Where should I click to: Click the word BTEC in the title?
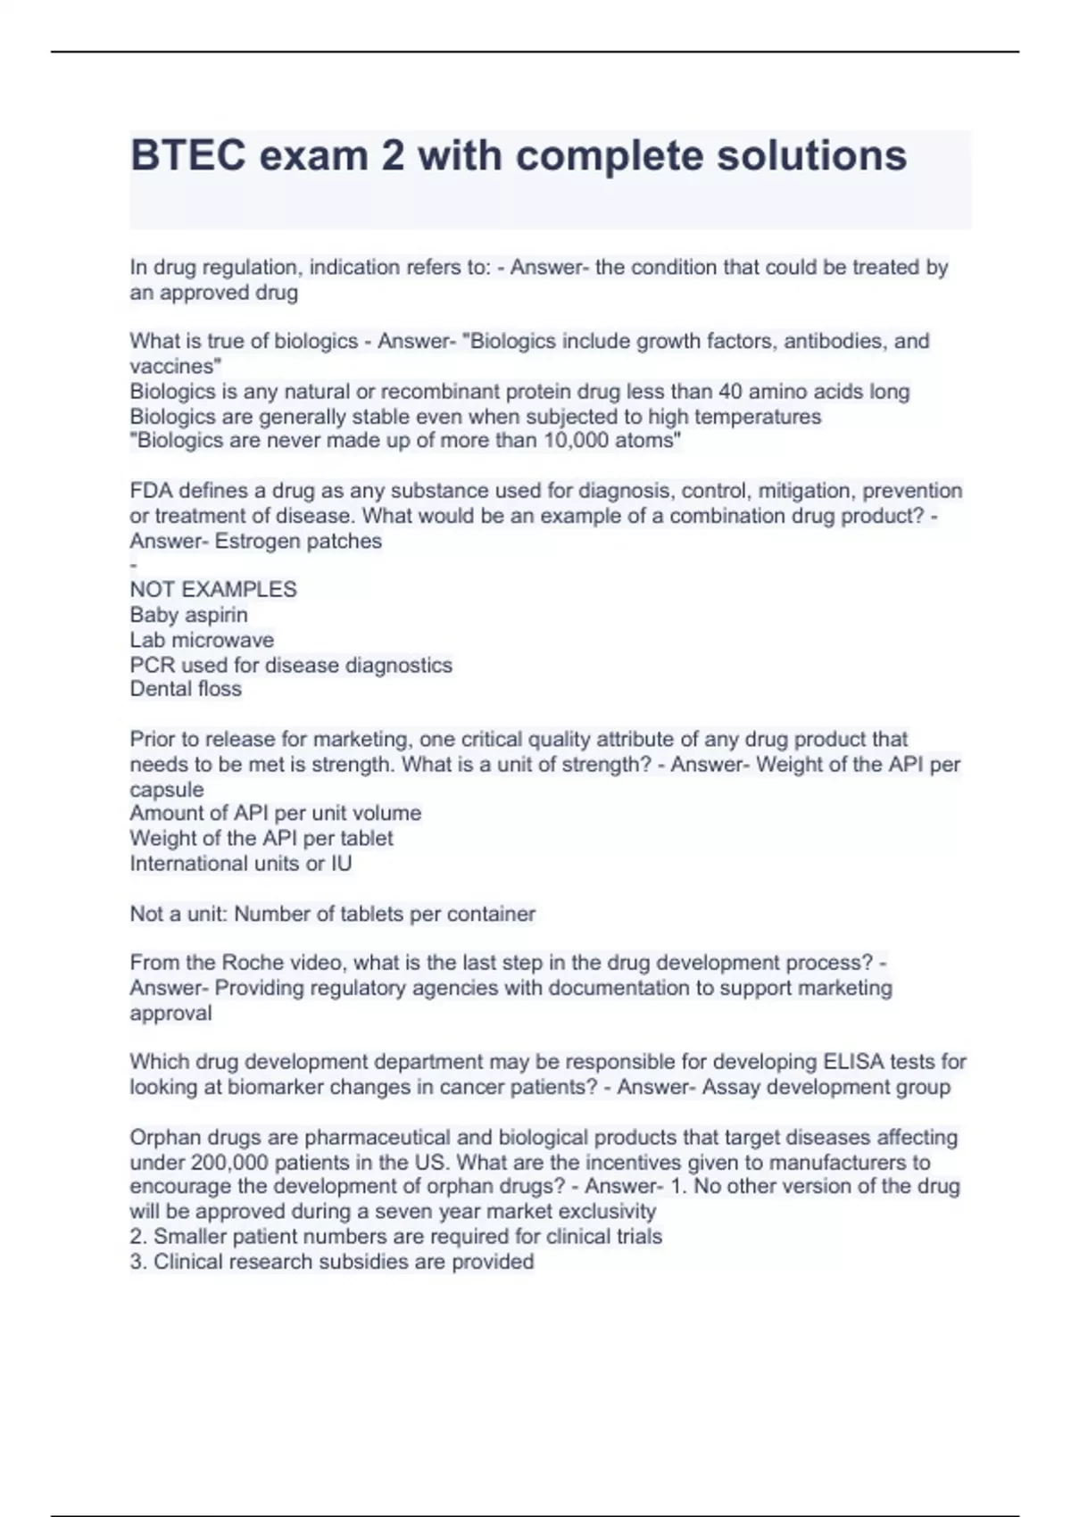187,155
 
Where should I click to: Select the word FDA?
151,491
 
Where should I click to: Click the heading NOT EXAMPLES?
213,590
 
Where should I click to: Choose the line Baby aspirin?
188,615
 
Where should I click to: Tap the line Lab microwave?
202,640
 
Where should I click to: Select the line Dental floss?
186,689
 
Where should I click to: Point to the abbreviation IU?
341,864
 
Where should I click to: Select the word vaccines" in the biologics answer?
176,367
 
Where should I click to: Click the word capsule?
167,790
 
